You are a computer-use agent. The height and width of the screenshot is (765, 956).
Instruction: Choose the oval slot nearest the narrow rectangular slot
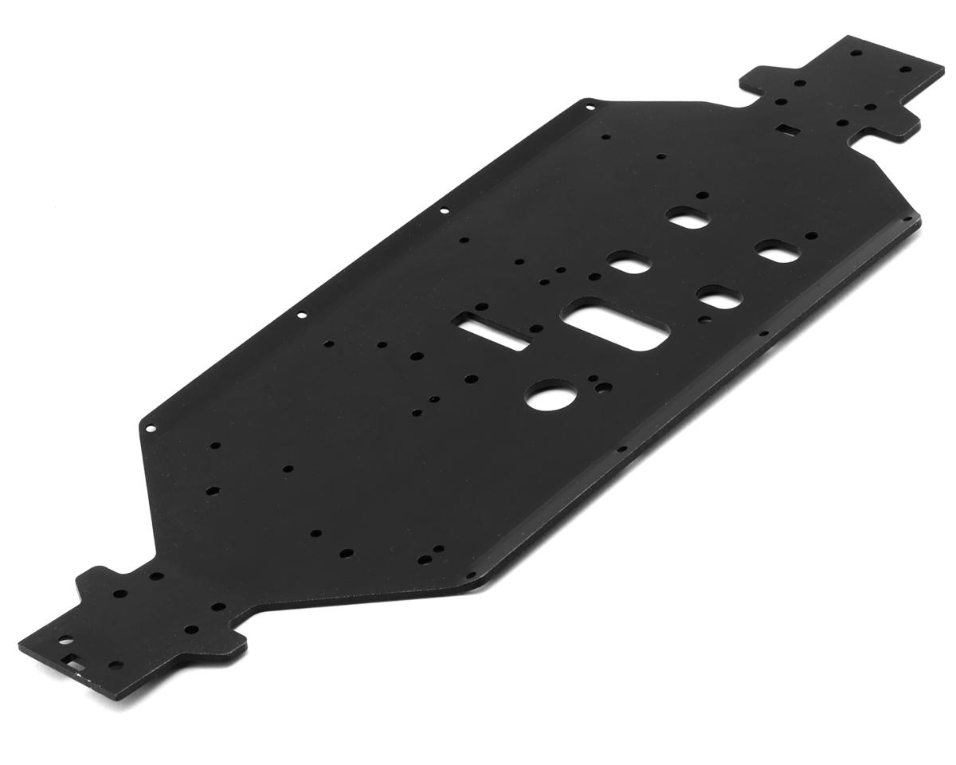tap(630, 264)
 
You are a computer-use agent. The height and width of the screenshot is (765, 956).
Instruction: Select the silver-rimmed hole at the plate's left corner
tap(151, 429)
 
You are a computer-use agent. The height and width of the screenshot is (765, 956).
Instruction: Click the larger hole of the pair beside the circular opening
tap(605, 388)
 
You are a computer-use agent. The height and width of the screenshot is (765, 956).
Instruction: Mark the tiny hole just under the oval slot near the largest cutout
tap(707, 320)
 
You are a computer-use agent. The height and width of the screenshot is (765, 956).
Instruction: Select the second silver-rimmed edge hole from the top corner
tap(445, 211)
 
